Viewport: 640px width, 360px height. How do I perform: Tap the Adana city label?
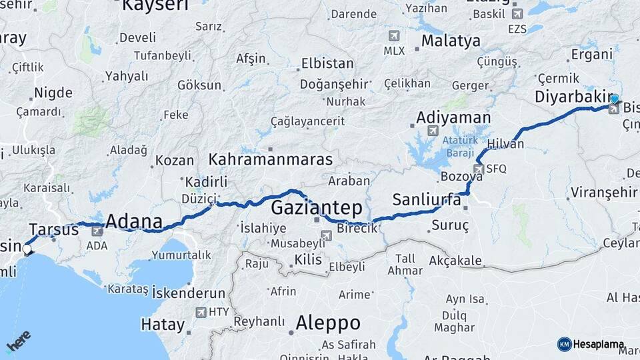(x=134, y=221)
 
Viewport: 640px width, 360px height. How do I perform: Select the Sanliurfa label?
(x=427, y=199)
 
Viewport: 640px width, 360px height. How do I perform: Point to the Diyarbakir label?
(x=573, y=97)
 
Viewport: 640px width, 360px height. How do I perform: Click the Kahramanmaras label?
(x=270, y=160)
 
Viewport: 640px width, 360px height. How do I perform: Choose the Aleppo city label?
(x=328, y=323)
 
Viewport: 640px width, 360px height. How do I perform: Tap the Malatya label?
(x=451, y=41)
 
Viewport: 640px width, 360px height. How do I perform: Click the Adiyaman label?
(x=453, y=117)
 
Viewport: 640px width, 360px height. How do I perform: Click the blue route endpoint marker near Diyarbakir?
(x=614, y=99)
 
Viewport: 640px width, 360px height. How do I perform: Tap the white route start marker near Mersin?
(x=27, y=250)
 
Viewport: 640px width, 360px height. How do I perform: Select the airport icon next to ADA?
(x=97, y=231)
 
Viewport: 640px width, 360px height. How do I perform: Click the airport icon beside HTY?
(x=201, y=312)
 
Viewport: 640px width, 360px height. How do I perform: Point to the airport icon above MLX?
(x=393, y=35)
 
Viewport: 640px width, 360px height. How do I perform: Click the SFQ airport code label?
(x=496, y=169)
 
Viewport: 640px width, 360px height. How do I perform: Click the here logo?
(x=18, y=342)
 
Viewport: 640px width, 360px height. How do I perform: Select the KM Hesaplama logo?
(x=591, y=345)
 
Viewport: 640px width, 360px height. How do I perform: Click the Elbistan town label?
(x=327, y=65)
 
